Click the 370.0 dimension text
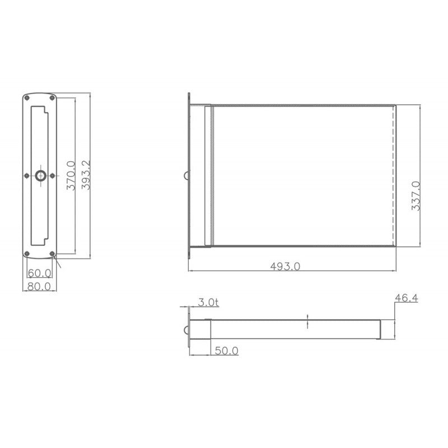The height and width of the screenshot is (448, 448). tap(71, 176)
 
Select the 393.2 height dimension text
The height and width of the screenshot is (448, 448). tap(86, 176)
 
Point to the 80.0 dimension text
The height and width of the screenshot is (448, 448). tap(40, 286)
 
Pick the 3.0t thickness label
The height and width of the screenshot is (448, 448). tap(208, 302)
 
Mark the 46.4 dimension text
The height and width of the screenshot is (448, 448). tap(407, 298)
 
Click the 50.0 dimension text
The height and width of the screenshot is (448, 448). tap(227, 351)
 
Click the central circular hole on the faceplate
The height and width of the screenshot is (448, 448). tap(40, 176)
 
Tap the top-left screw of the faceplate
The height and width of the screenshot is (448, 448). tap(27, 98)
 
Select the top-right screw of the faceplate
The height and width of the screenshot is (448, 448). tap(53, 98)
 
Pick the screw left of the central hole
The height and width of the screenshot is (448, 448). tap(27, 176)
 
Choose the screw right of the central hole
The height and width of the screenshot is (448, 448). tap(53, 176)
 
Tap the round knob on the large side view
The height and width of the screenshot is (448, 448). tap(186, 176)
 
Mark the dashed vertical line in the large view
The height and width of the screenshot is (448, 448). tap(396, 176)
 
